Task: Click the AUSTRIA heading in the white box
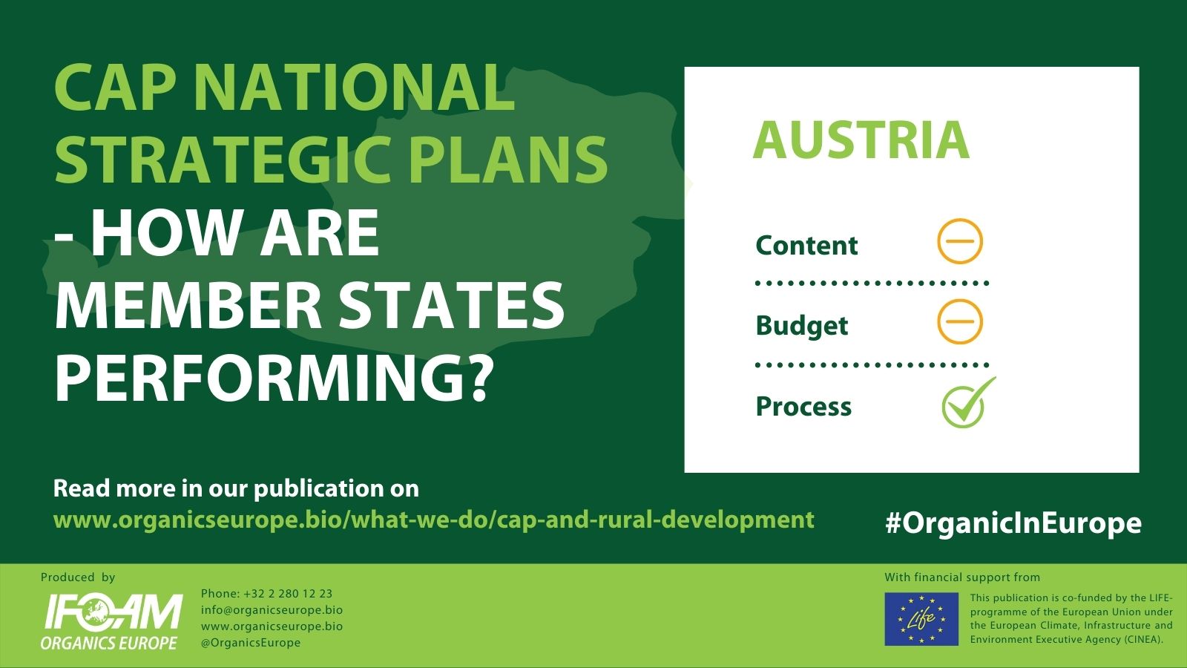point(861,140)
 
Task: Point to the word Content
point(806,246)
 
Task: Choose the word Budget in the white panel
point(802,326)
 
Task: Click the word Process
point(803,407)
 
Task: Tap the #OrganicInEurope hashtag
point(1013,523)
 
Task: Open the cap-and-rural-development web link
point(433,520)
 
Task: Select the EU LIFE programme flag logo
point(921,619)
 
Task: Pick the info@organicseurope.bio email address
point(272,610)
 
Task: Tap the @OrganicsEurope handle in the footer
point(251,643)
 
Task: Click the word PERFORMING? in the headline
point(270,378)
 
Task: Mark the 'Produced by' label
point(78,577)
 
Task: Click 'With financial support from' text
point(962,577)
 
